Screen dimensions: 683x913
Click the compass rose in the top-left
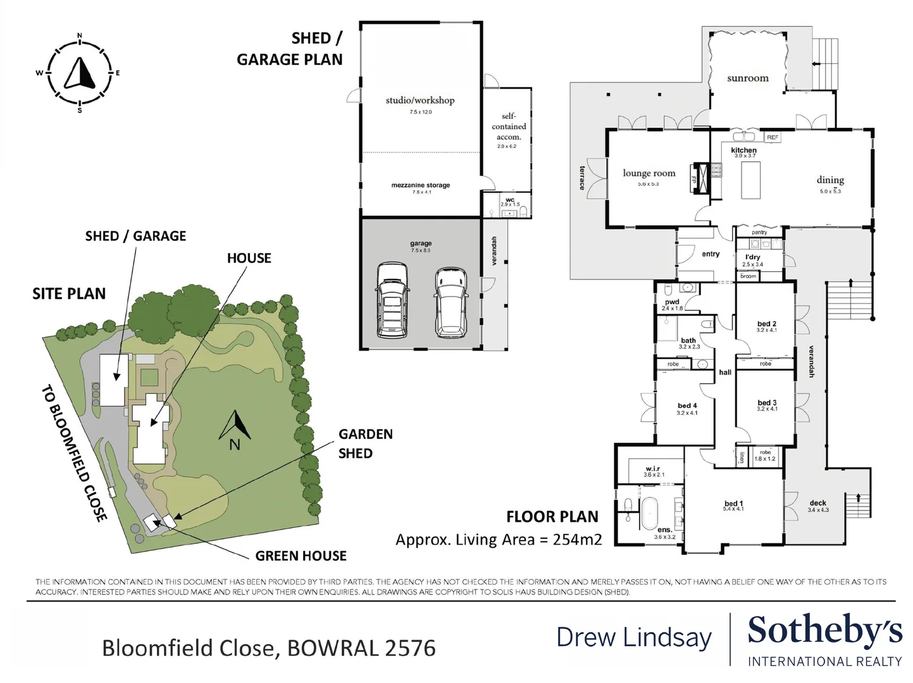coord(80,73)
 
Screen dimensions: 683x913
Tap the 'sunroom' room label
coord(747,78)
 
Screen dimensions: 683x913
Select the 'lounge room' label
coord(649,173)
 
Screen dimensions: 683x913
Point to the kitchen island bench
coord(750,180)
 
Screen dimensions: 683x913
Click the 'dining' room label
coord(829,180)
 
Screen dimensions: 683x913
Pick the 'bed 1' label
coord(733,503)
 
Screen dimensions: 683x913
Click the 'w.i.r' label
coord(653,469)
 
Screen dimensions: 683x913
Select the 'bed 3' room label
coord(767,403)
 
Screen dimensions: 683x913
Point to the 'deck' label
coord(817,503)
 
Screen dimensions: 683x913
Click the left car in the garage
coord(392,300)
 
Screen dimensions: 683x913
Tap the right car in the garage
coord(450,302)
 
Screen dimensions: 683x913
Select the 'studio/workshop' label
coord(420,100)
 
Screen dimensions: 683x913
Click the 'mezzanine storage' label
coord(420,185)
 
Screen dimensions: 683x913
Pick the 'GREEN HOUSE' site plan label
coord(301,556)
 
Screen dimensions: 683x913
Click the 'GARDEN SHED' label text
coord(365,443)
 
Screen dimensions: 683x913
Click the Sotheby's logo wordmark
coord(824,631)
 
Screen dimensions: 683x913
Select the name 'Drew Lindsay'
coord(633,637)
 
